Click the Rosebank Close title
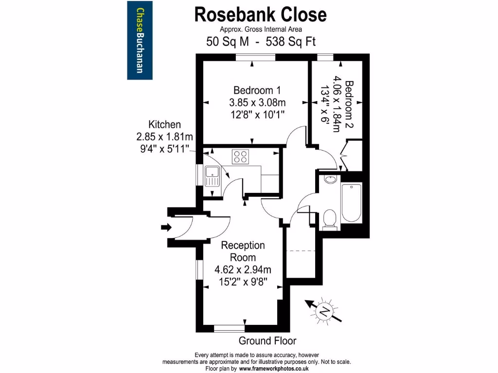[x=260, y=15]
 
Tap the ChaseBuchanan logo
[x=140, y=40]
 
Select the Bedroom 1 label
[x=257, y=90]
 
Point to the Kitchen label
[x=165, y=125]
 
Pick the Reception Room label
[x=243, y=251]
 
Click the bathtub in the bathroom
[x=351, y=203]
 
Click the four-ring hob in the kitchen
[x=240, y=156]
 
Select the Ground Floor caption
[x=267, y=340]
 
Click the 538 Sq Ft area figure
[x=291, y=42]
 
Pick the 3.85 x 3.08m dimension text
[x=257, y=102]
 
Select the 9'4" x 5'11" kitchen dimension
[x=164, y=149]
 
